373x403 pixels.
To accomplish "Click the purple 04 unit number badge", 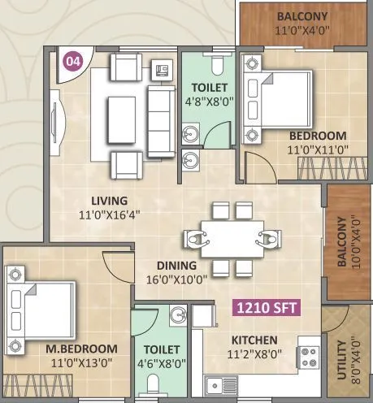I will pos(73,61).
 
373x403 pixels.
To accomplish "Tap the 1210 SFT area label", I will pos(266,308).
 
